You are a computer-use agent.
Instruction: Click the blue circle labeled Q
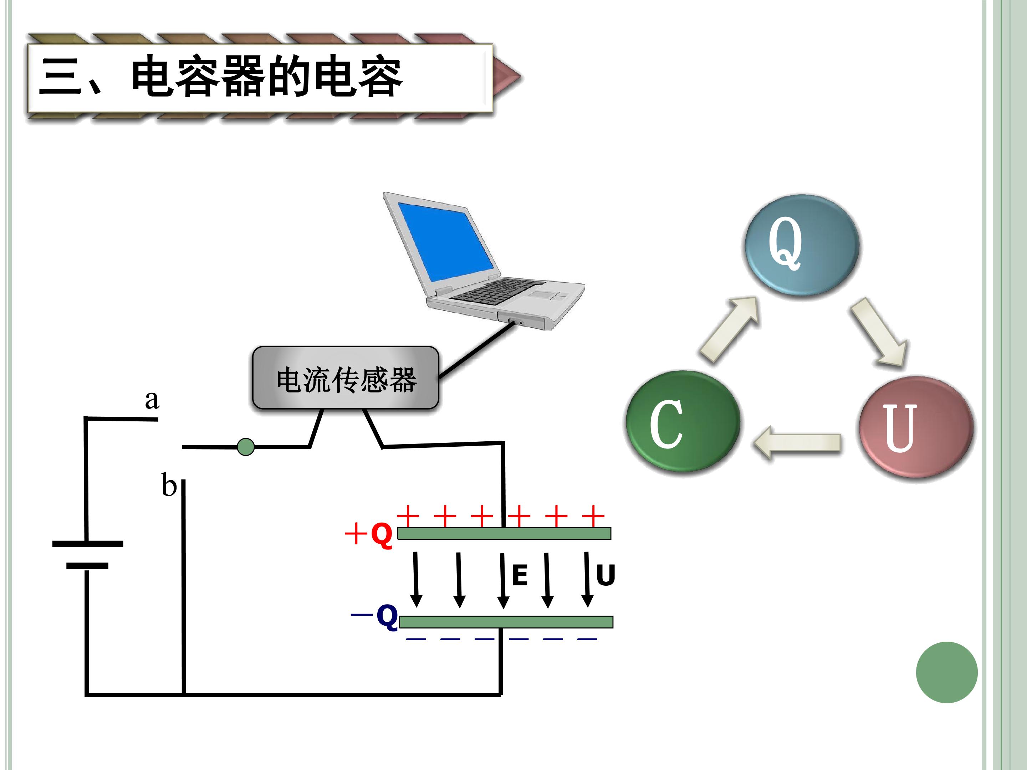pyautogui.click(x=801, y=245)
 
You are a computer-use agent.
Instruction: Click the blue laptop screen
pyautogui.click(x=446, y=241)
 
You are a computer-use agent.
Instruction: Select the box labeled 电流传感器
pyautogui.click(x=346, y=378)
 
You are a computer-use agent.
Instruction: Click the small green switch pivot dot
pyautogui.click(x=246, y=447)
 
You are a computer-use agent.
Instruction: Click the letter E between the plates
pyautogui.click(x=520, y=575)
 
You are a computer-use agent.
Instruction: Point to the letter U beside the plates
pyautogui.click(x=606, y=575)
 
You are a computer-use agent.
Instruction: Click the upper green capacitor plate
pyautogui.click(x=504, y=533)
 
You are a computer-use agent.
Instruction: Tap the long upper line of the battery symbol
pyautogui.click(x=88, y=544)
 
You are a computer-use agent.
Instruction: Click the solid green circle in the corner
pyautogui.click(x=947, y=673)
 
